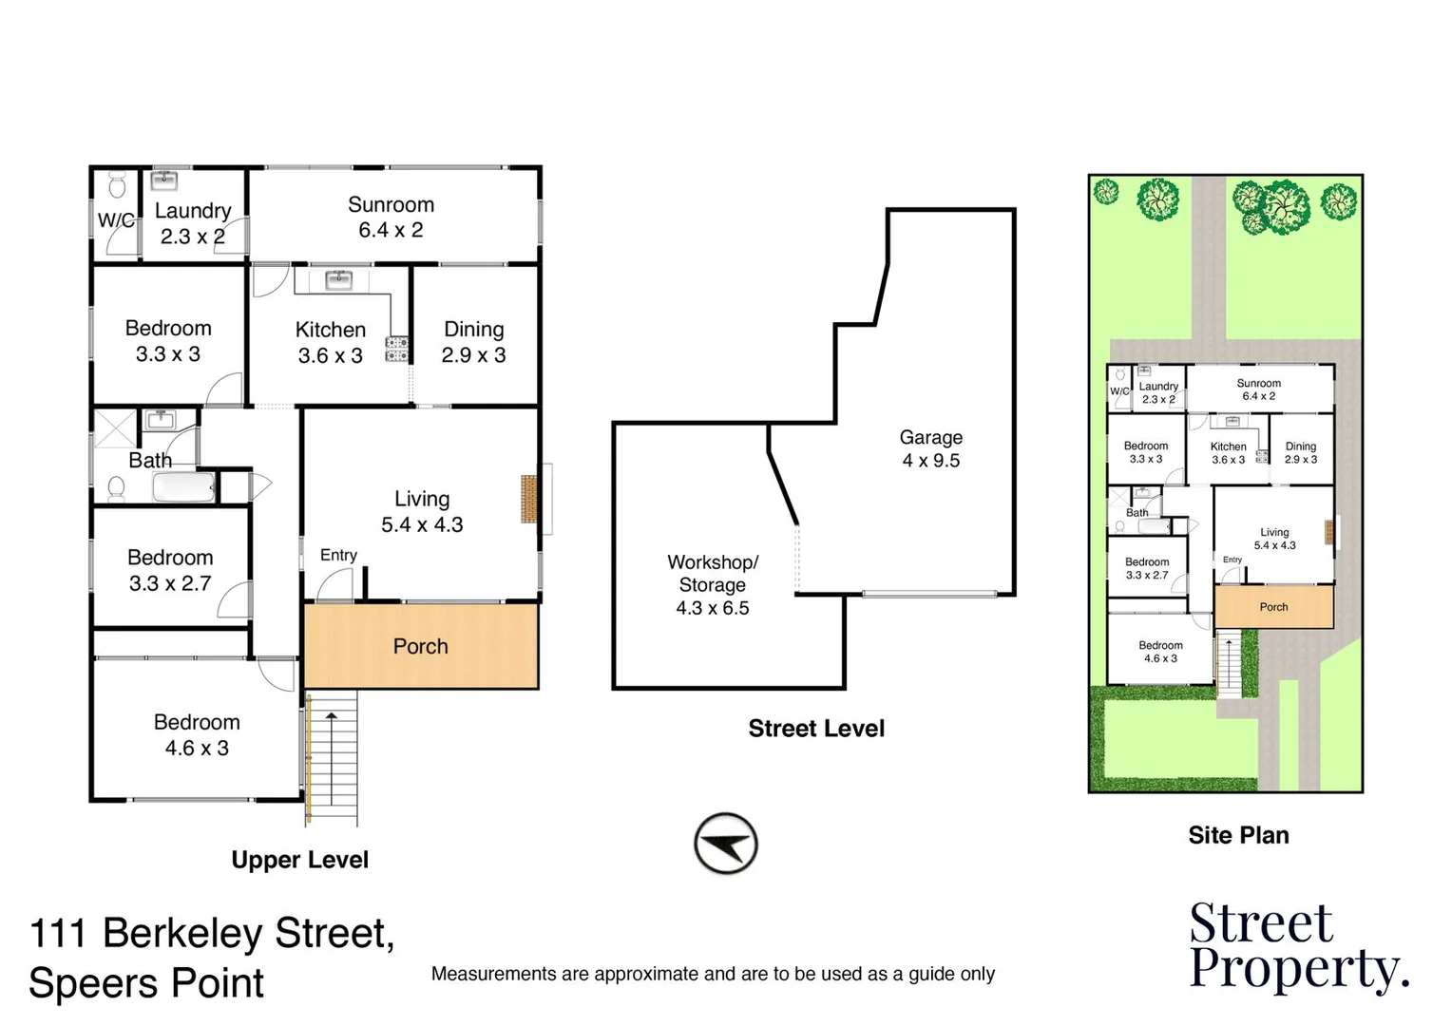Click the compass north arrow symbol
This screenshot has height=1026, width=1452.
(726, 844)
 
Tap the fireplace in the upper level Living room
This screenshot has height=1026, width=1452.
(529, 499)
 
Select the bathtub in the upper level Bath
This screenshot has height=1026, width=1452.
(184, 488)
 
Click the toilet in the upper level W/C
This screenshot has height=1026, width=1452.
(117, 183)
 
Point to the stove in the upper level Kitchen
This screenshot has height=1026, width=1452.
(397, 349)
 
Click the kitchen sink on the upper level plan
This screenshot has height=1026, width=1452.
(339, 279)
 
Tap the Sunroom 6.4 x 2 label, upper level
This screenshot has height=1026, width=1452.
(391, 218)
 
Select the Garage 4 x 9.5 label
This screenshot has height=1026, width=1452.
(931, 448)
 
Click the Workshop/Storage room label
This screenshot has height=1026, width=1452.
(713, 585)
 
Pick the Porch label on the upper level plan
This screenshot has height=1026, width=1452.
(420, 647)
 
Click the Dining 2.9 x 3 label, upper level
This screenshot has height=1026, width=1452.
(473, 342)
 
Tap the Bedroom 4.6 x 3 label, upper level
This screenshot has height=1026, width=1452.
(197, 735)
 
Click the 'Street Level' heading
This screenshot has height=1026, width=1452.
(816, 729)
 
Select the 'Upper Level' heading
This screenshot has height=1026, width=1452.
(299, 860)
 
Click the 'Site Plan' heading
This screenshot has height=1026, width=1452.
(1238, 835)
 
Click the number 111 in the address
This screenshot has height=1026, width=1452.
(59, 934)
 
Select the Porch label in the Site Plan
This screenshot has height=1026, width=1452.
(1273, 607)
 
